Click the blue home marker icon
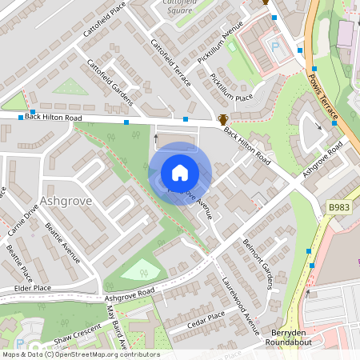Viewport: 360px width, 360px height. pos(180,173)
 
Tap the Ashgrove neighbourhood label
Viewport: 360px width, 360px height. pos(66,200)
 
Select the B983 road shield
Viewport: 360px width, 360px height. pos(339,206)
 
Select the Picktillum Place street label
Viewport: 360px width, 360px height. pos(231,87)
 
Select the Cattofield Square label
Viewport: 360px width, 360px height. pos(181,8)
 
